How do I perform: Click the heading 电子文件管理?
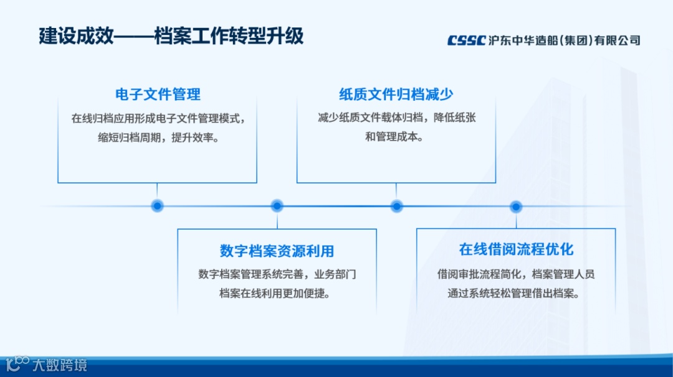pos(158,95)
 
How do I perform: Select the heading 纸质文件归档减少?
pos(396,95)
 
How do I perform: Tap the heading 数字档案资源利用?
pos(277,251)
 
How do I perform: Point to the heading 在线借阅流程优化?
pos(516,249)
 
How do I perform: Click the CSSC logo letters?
pos(466,40)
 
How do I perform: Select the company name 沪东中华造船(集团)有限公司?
pos(565,40)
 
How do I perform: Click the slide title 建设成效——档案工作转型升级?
pos(171,35)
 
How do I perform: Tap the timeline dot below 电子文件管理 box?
pos(158,206)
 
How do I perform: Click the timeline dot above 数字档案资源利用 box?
pos(277,206)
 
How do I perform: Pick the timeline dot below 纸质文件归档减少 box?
pos(396,206)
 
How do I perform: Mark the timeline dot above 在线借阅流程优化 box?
pos(516,206)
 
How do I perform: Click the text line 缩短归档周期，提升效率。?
pos(158,137)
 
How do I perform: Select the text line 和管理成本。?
pos(396,137)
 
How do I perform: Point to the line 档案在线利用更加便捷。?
pos(277,293)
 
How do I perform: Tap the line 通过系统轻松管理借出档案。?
pos(516,293)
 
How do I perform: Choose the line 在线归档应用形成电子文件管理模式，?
pos(158,118)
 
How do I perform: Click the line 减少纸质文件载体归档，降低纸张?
pos(396,118)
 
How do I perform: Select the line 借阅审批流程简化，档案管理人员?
pos(516,274)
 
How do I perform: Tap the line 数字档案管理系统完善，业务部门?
pos(277,274)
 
